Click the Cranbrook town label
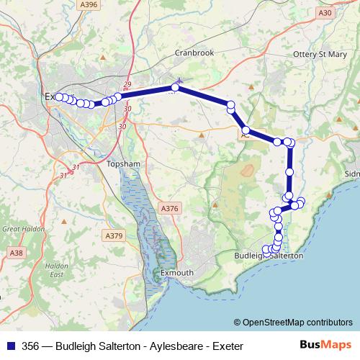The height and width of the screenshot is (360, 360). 196,53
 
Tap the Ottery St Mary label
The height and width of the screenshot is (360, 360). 320,53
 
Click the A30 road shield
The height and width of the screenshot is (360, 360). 325,12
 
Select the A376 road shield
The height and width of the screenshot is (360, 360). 168,209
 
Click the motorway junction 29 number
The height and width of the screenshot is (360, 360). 127,85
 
